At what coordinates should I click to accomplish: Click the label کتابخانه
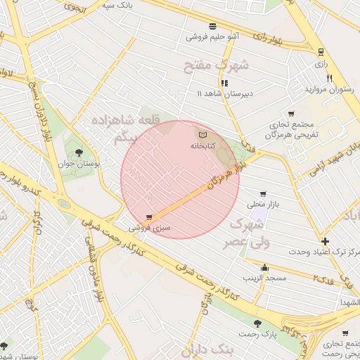coord(202,146)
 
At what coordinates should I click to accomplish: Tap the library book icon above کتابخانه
coord(202,134)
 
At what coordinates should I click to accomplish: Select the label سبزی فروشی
coord(148,229)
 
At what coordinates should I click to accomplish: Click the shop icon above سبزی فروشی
coord(148,217)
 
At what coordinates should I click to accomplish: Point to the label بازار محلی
coord(263,204)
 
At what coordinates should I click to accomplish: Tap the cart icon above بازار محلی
coord(263,193)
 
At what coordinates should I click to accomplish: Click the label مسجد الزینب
coord(264,278)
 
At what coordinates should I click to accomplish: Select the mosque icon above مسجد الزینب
coord(264,267)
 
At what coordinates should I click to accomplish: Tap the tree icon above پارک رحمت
coord(257,323)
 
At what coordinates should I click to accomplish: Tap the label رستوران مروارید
coord(327,89)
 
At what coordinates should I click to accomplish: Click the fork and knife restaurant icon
coord(329,77)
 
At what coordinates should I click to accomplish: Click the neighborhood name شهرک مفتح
coord(217,67)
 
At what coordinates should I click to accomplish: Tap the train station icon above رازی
coord(321,51)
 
